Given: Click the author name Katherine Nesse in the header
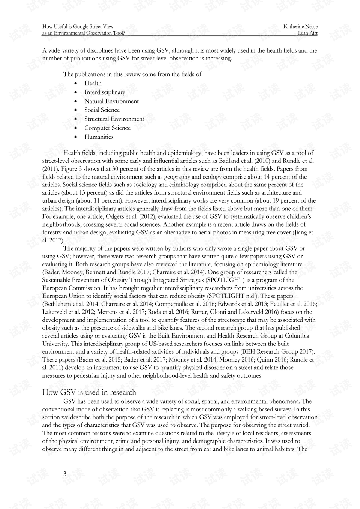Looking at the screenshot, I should (x=300, y=26).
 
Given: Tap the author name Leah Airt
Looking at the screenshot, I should (x=307, y=33).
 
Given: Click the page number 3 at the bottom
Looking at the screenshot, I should (x=65, y=474).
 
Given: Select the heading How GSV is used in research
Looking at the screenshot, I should (x=89, y=392).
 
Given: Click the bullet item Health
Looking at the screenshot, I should (x=93, y=83).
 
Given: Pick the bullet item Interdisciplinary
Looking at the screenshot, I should (x=105, y=92).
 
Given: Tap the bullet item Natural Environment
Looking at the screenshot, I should (x=111, y=101).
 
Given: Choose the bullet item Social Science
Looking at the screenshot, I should (x=102, y=110).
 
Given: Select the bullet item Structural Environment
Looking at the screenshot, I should (x=114, y=119).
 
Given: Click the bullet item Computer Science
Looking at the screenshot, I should (x=107, y=128).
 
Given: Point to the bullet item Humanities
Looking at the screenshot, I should (x=99, y=137).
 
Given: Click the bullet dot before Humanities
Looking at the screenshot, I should (x=76, y=137).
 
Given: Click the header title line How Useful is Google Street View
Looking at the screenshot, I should (x=78, y=26).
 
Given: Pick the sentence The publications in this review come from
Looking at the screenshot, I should (x=133, y=74).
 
